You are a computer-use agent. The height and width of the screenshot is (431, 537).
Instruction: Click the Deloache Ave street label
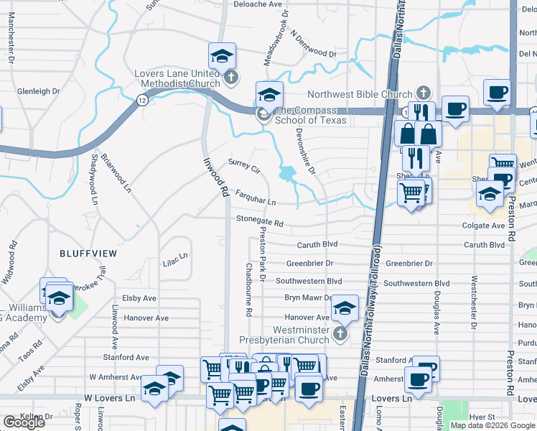click(258, 4)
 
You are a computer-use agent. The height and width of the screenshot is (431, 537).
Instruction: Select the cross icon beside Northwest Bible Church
click(424, 93)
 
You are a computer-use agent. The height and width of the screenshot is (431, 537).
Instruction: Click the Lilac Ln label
click(175, 256)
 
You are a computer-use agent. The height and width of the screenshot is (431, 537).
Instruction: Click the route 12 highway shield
click(142, 101)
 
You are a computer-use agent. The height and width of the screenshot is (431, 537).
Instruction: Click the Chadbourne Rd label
click(248, 289)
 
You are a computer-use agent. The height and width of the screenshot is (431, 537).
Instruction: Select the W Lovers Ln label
click(110, 397)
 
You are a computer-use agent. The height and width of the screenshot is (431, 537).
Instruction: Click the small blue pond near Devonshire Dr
click(288, 173)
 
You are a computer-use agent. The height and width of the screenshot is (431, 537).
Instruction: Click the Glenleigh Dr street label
click(39, 91)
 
